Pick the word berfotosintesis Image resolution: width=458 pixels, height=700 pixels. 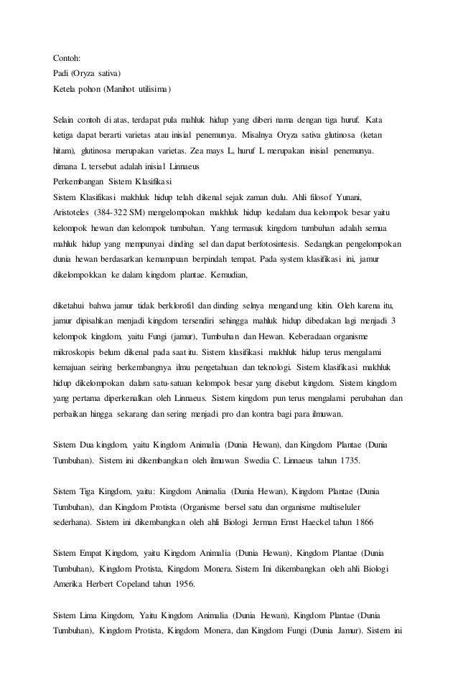tap(258, 243)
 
